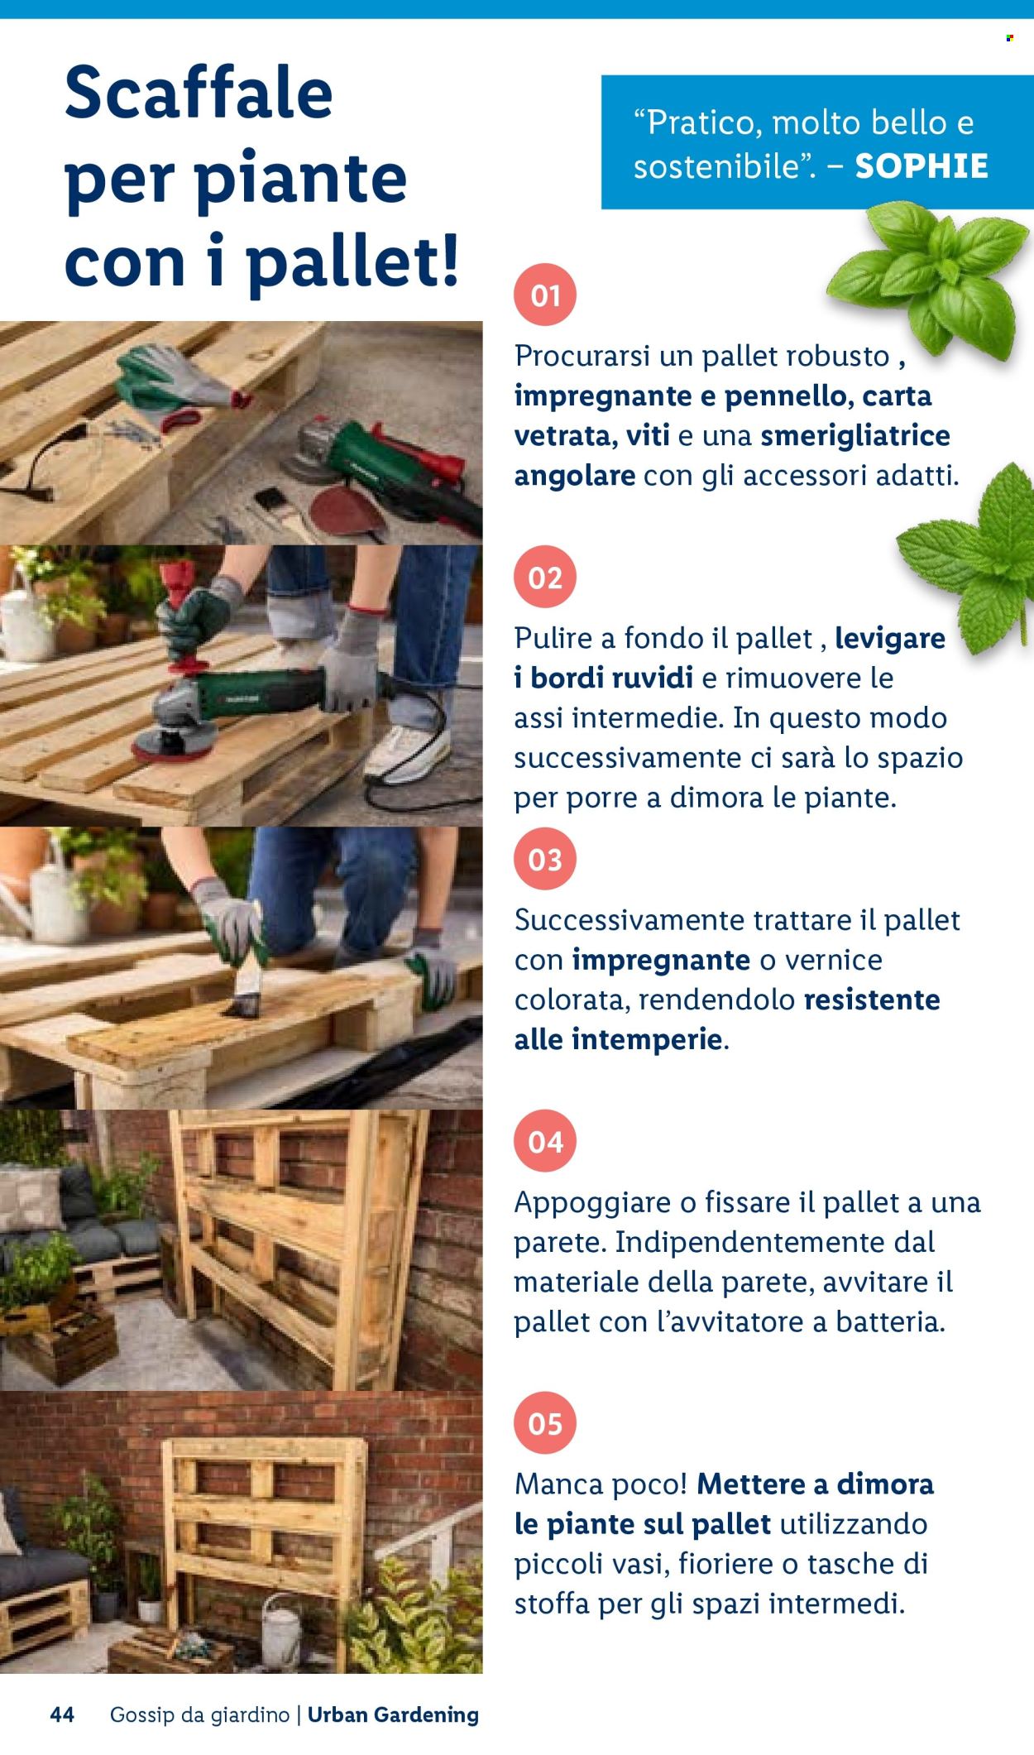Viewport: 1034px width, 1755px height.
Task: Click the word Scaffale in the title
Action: click(x=199, y=92)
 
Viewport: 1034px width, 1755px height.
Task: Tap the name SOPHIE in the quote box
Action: click(x=922, y=166)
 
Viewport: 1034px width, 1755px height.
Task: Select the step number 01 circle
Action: click(x=545, y=295)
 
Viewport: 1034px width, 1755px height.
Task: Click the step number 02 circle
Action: click(x=545, y=577)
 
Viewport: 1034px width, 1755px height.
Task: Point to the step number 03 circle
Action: click(x=545, y=859)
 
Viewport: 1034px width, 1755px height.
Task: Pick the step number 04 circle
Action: click(x=545, y=1142)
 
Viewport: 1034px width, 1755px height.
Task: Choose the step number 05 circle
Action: click(x=545, y=1424)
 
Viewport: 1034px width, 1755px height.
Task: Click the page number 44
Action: click(x=62, y=1714)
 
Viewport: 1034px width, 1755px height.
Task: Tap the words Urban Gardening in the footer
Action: click(x=393, y=1714)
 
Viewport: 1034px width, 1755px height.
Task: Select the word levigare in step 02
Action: click(x=890, y=638)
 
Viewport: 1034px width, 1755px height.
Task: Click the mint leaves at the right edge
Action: click(x=976, y=554)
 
